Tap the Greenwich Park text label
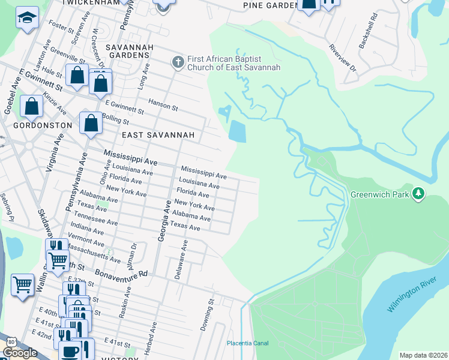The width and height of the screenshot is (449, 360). pyautogui.click(x=380, y=194)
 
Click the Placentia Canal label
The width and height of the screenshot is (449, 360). pyautogui.click(x=248, y=343)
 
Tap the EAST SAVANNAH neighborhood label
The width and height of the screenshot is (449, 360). pyautogui.click(x=158, y=136)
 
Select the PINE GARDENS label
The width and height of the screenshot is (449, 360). pyautogui.click(x=271, y=5)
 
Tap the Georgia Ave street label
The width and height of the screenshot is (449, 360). pyautogui.click(x=162, y=221)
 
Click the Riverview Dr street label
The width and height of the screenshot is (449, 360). pyautogui.click(x=342, y=56)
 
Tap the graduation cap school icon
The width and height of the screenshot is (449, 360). pyautogui.click(x=26, y=19)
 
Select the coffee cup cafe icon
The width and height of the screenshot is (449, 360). pyautogui.click(x=69, y=351)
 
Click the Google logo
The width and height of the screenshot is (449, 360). pyautogui.click(x=20, y=353)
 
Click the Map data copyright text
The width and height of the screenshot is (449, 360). pyautogui.click(x=424, y=355)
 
